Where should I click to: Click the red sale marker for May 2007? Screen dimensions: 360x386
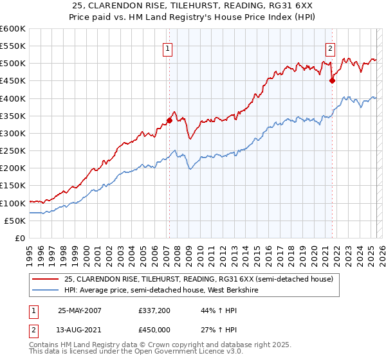[x=169, y=120]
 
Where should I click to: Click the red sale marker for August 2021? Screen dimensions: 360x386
[x=333, y=81]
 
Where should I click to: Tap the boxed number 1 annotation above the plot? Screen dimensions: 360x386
[x=167, y=48]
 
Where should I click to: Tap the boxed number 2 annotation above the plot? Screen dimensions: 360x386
[x=330, y=48]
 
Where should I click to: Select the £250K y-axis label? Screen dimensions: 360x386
[x=13, y=151]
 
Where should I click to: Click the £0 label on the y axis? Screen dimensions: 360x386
[x=20, y=238]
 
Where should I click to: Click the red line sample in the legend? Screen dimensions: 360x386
[x=46, y=279]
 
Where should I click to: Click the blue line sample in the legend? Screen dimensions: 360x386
[x=46, y=290]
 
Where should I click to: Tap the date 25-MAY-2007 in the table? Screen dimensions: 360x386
[x=79, y=310]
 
